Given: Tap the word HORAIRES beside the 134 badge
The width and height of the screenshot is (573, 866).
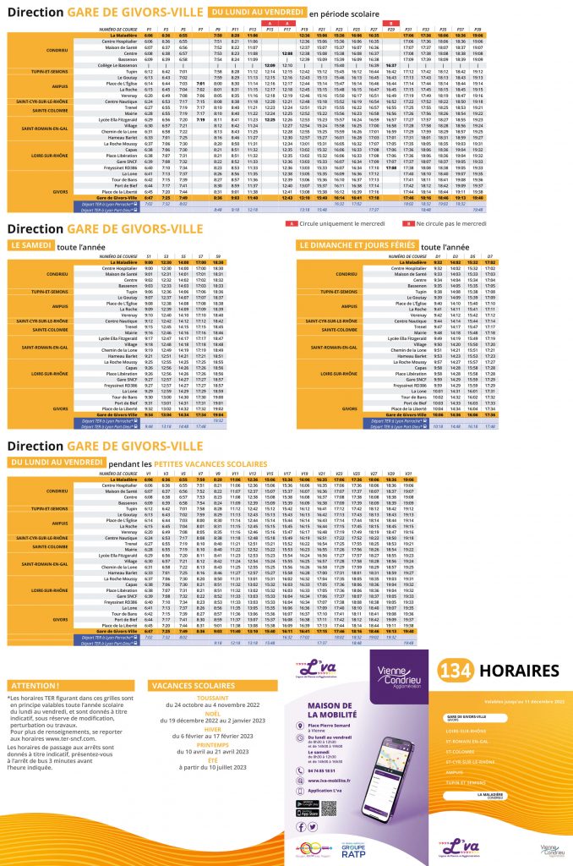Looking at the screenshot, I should [518, 671].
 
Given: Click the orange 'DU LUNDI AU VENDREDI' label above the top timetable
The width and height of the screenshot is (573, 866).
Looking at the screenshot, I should [255, 13].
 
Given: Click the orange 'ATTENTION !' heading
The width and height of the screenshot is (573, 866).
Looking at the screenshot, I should [33, 686].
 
